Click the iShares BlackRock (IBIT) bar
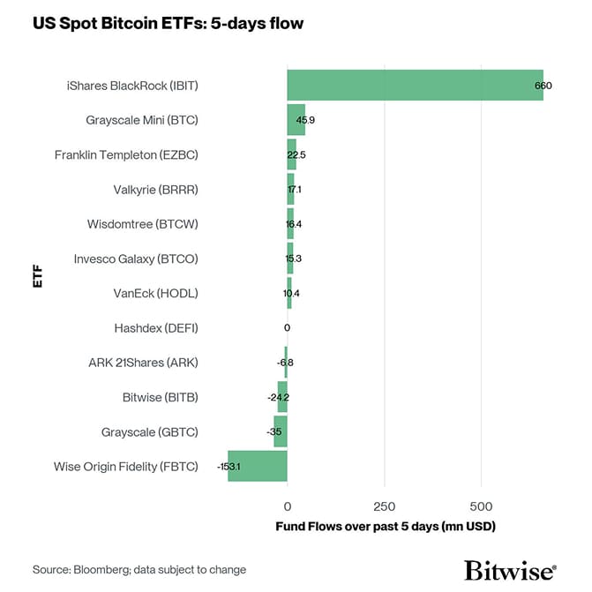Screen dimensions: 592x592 [x=415, y=85]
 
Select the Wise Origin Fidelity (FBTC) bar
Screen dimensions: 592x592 [x=258, y=466]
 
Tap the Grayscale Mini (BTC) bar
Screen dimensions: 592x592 [x=296, y=119]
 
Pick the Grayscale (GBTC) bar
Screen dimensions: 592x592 [x=281, y=431]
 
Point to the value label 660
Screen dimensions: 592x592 [x=543, y=86]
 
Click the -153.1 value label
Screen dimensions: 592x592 [x=229, y=467]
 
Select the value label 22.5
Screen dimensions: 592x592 [x=296, y=155]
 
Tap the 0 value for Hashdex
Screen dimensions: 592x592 [x=287, y=328]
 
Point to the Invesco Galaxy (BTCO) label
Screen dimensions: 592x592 [x=136, y=259]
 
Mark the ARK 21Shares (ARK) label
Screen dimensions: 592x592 [x=143, y=363]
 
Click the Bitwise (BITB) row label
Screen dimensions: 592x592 [x=160, y=397]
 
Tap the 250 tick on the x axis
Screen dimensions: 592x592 [x=384, y=506]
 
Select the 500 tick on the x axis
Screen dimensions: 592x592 [x=481, y=506]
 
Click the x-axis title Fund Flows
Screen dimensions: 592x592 [x=386, y=527]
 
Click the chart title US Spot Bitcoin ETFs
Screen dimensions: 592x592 [x=168, y=24]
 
